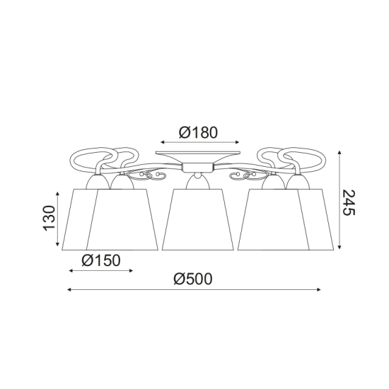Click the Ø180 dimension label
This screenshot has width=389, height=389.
pos(198,132)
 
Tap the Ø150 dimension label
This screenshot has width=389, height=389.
pos(101,260)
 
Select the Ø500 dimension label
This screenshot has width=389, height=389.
pos(193,279)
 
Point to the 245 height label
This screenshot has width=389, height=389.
pos(349,202)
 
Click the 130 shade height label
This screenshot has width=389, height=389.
pos(49,218)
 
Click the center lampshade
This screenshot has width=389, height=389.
pos(198,219)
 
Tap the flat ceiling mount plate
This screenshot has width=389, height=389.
pos(198,153)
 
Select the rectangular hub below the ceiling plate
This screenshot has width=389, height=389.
pos(198,168)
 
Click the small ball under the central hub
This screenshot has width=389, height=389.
pos(198,175)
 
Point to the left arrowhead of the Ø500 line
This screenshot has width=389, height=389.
pos(69,289)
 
